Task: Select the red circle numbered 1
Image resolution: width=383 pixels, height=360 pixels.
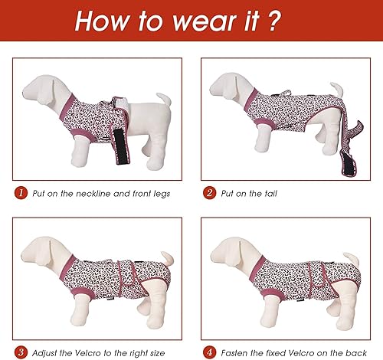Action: [19, 193]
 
